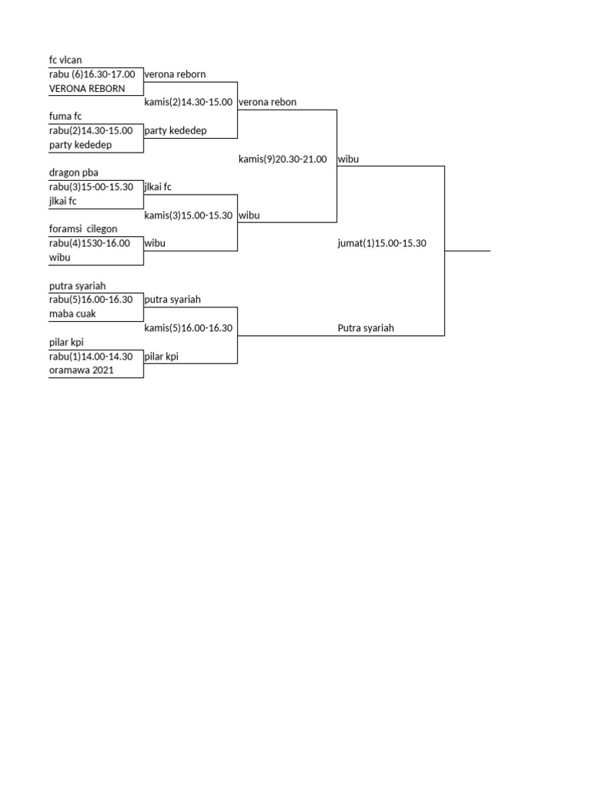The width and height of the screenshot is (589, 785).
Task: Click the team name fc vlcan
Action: point(65,61)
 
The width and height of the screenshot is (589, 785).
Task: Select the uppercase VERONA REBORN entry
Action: point(87,89)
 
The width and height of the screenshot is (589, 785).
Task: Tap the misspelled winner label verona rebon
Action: point(268,103)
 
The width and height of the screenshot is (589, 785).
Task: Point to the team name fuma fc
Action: point(65,117)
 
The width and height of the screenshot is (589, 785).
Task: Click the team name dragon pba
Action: point(74,173)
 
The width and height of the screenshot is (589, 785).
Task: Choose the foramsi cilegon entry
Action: point(83,229)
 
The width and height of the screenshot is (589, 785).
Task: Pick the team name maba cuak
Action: point(72,314)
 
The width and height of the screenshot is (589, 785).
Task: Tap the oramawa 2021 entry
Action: point(81,371)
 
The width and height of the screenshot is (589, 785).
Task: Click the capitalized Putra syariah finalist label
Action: point(366,329)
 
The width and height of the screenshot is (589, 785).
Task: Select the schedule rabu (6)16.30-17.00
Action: point(92,75)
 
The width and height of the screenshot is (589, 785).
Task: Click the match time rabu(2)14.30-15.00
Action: point(90,131)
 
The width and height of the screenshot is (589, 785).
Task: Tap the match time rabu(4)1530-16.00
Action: point(89,244)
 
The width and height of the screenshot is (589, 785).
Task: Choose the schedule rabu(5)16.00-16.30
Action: point(90,301)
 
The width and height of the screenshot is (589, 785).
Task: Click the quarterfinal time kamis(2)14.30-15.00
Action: point(188,103)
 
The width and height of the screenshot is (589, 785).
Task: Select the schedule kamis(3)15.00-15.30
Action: point(188,216)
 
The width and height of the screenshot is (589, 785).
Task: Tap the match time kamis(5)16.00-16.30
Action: point(188,329)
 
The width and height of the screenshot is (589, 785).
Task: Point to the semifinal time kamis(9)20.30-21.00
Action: point(282,159)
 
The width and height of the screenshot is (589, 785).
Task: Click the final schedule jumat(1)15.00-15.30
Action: point(382,244)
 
